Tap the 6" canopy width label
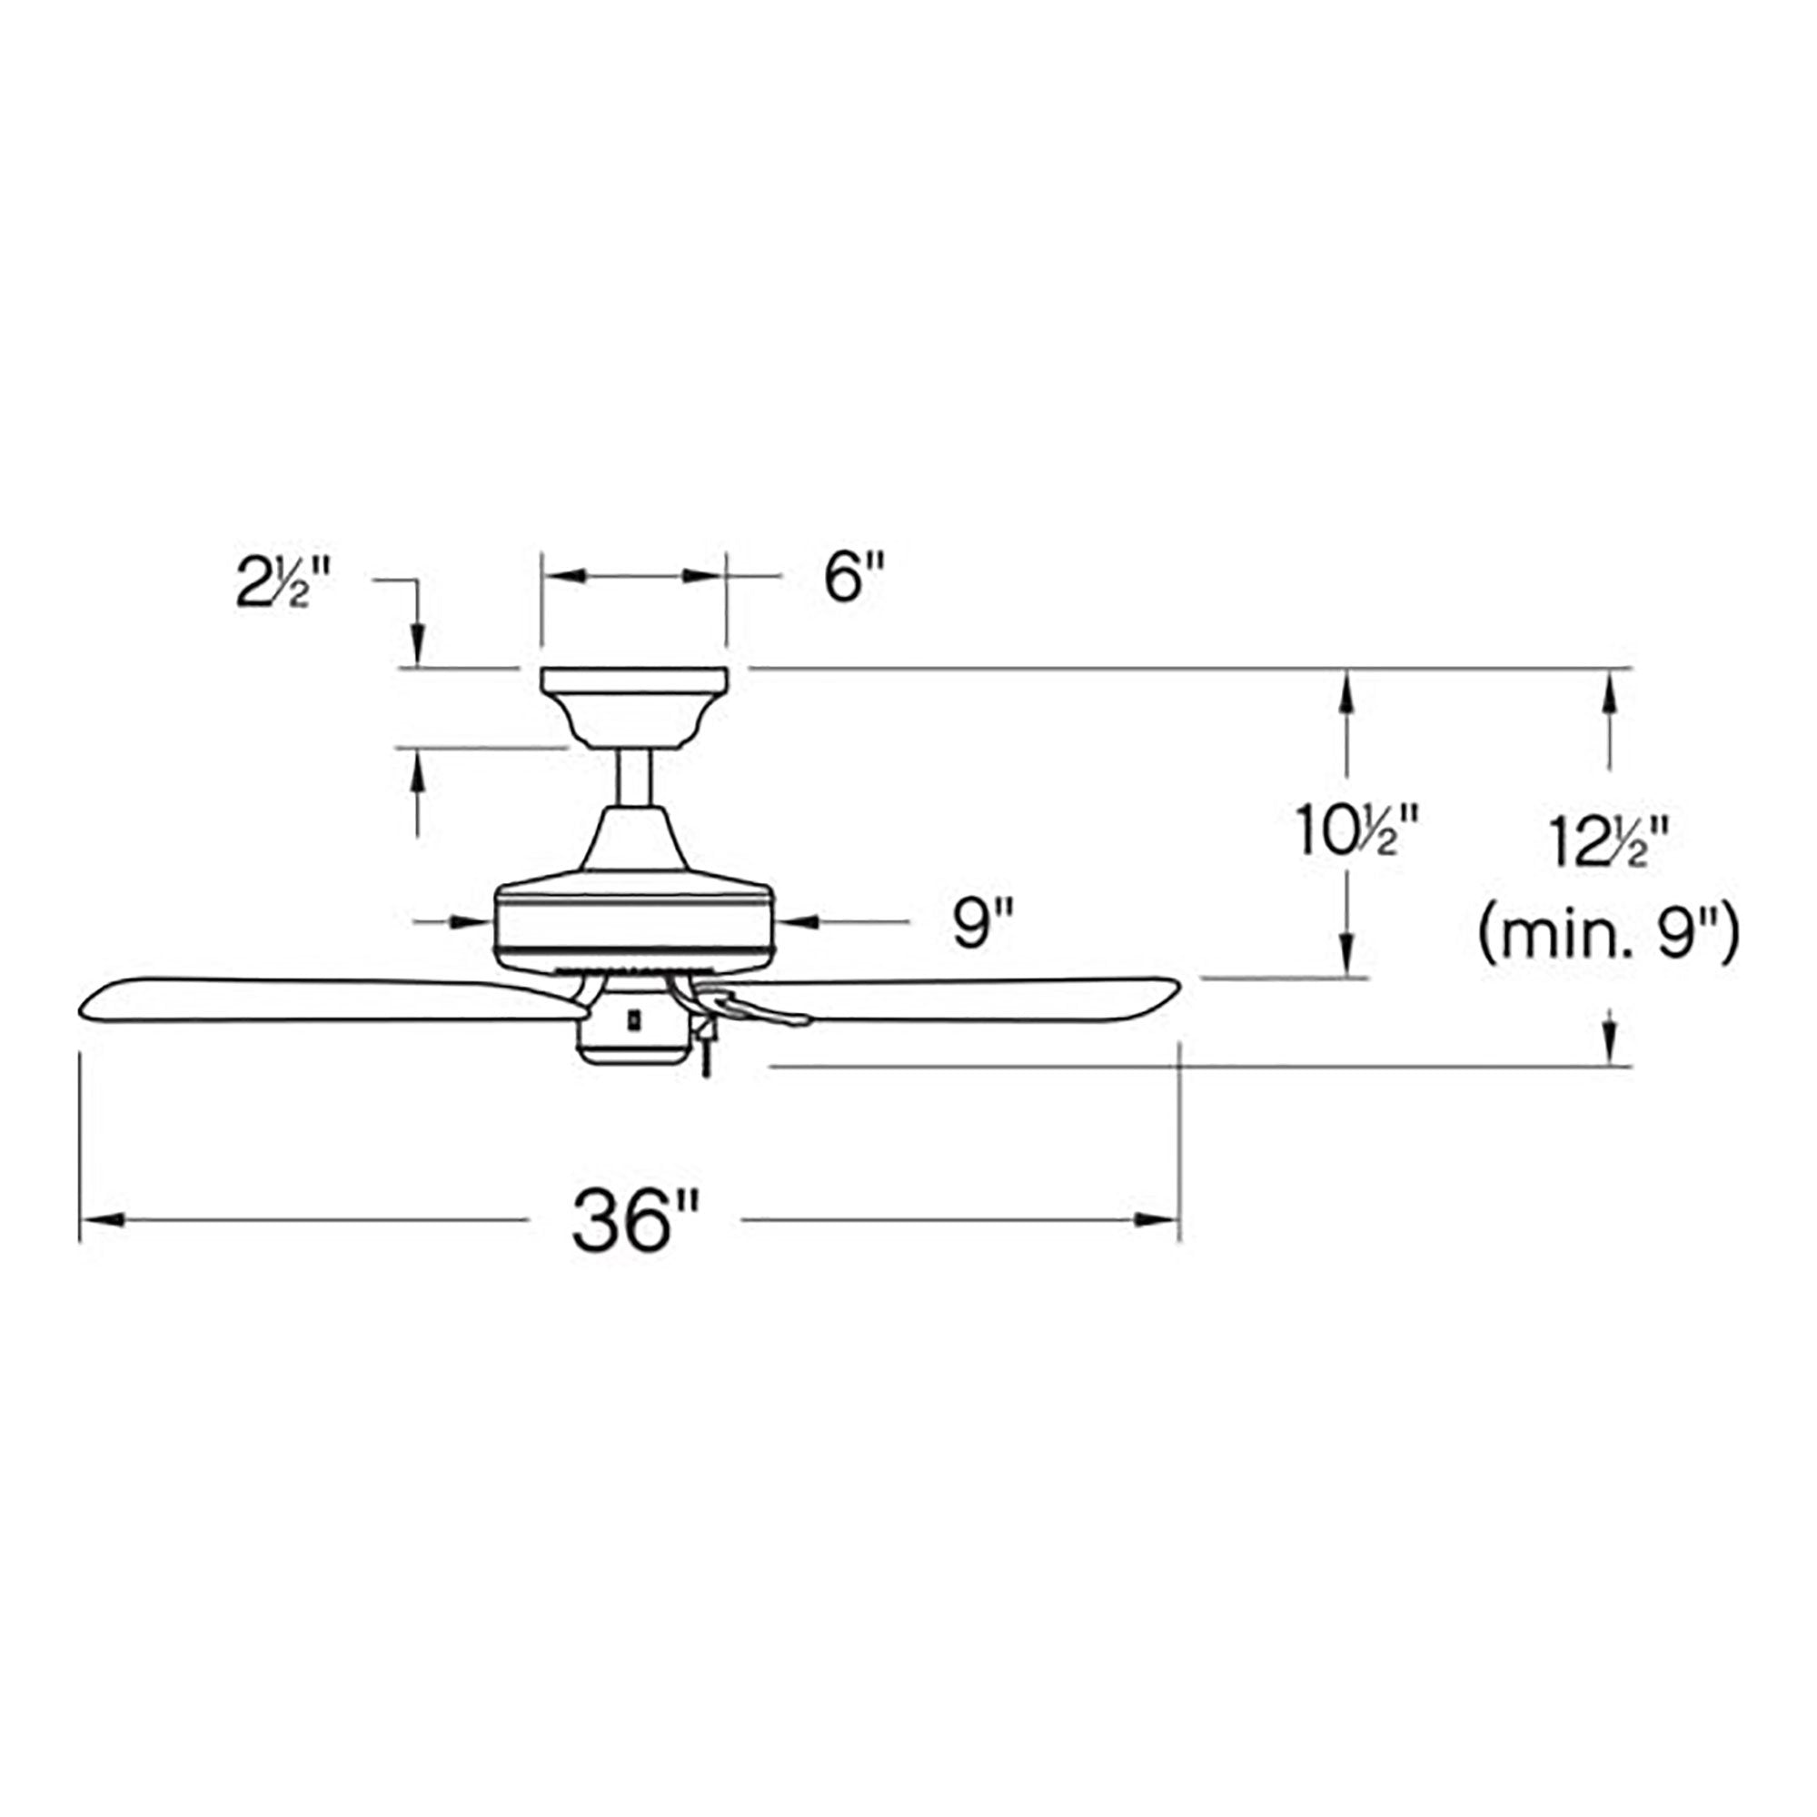click(855, 577)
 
